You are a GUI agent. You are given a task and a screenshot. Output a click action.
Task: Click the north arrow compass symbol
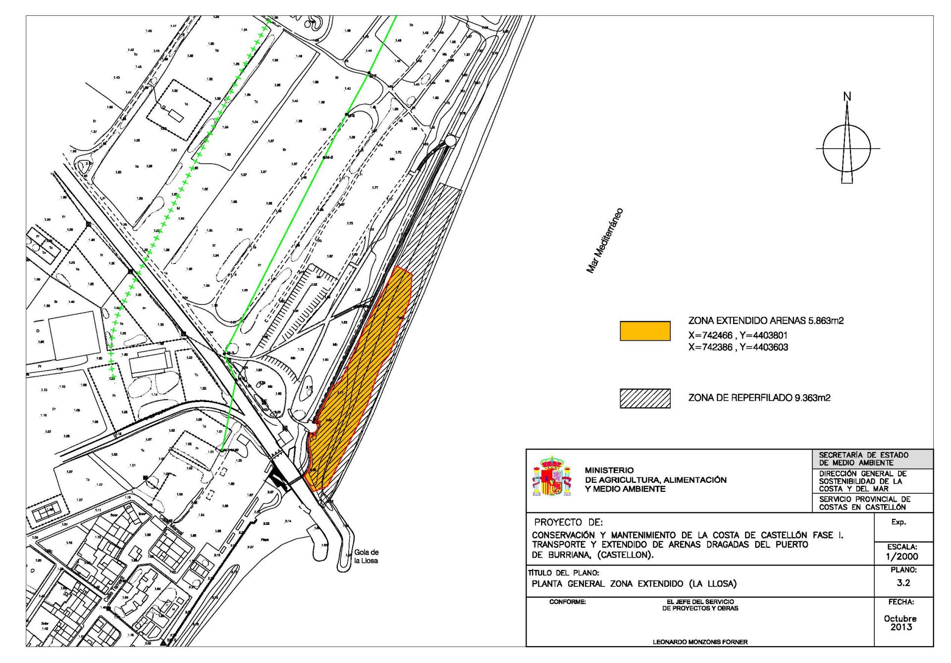(x=847, y=148)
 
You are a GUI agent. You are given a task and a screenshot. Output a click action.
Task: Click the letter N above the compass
(x=847, y=97)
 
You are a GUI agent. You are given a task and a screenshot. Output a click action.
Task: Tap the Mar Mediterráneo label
(x=605, y=241)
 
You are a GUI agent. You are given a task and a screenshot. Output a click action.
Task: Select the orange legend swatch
(x=645, y=331)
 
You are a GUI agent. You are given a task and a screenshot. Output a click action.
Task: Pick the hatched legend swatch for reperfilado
(x=645, y=398)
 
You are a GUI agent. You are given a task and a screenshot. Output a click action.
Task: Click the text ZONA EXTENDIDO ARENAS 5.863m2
(x=766, y=321)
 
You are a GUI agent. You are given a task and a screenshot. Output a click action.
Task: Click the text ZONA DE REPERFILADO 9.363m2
(x=759, y=398)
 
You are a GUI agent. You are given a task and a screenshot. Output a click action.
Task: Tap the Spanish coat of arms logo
(x=551, y=477)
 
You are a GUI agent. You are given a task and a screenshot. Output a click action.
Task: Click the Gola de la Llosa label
(x=366, y=557)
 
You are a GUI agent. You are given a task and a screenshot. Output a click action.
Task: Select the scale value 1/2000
(x=902, y=556)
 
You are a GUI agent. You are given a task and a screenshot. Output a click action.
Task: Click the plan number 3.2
(x=903, y=583)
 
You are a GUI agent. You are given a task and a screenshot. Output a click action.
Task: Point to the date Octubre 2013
(x=900, y=622)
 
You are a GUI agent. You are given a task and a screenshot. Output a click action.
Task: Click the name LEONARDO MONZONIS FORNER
(x=700, y=642)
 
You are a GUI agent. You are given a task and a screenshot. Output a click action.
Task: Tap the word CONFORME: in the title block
(x=568, y=602)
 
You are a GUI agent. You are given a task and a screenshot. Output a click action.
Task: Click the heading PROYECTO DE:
(x=568, y=522)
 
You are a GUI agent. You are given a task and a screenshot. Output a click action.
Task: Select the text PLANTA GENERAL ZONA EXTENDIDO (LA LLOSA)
(x=634, y=584)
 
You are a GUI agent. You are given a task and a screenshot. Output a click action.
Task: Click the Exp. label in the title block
(x=898, y=522)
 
